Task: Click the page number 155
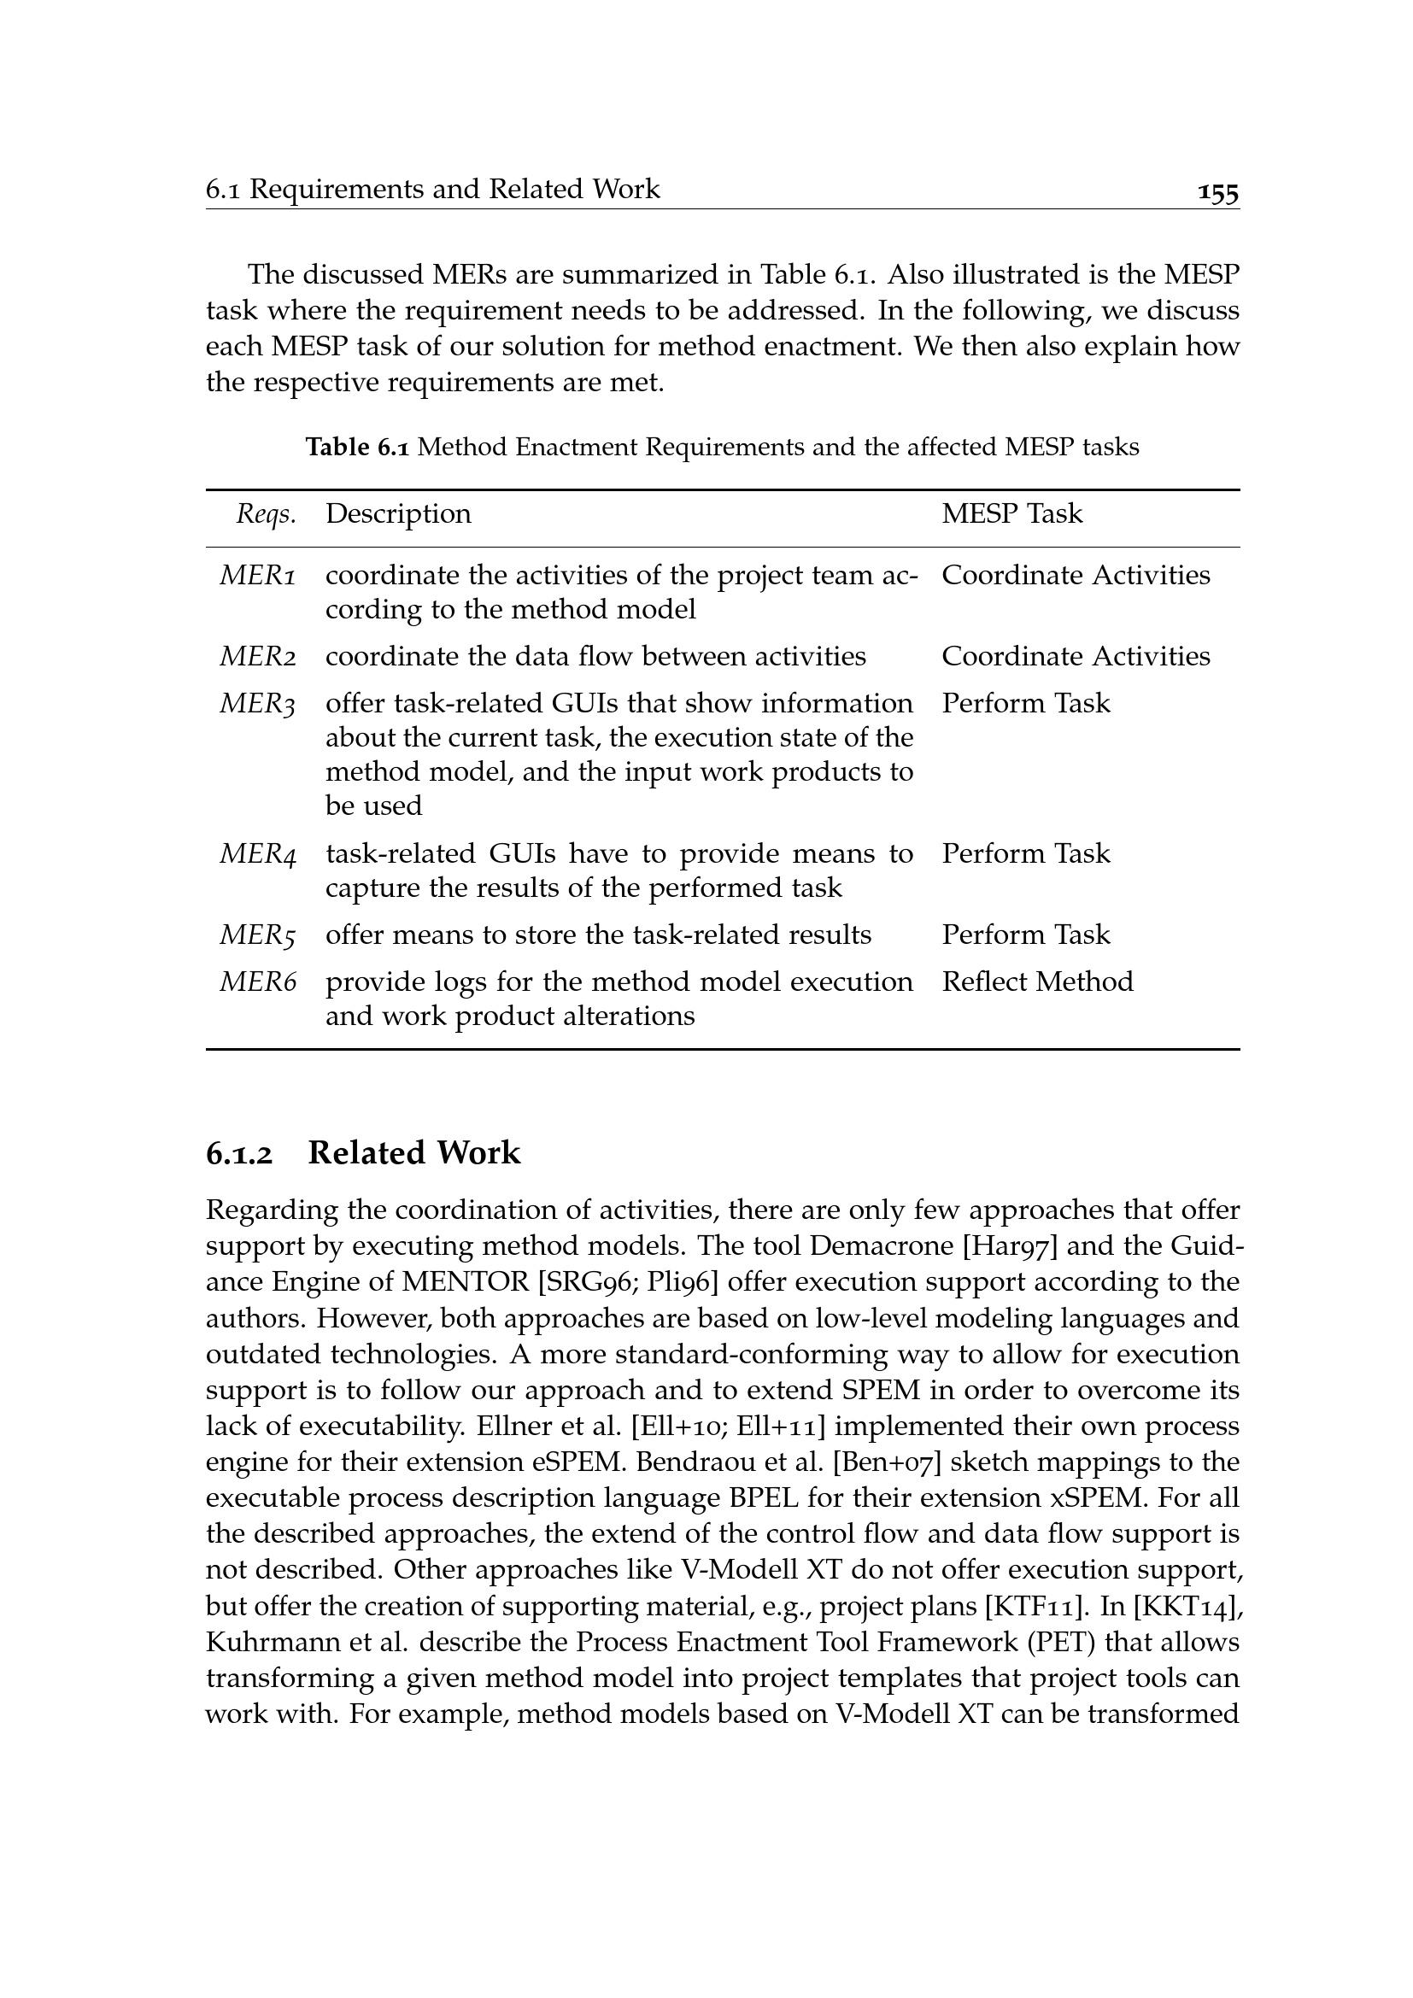tap(1217, 192)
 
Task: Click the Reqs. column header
tap(267, 514)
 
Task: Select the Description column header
tap(397, 513)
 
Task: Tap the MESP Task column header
tap(1011, 513)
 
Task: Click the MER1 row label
tap(257, 575)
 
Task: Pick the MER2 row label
tap(257, 656)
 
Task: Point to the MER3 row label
tap(257, 703)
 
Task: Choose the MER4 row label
tap(257, 853)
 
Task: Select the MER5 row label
tap(257, 935)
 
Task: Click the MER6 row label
tap(257, 981)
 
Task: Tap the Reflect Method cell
tap(1037, 981)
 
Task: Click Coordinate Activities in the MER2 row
tap(1076, 656)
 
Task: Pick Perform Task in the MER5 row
tap(1026, 935)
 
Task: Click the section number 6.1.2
tap(239, 1154)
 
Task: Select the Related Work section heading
tap(414, 1153)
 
